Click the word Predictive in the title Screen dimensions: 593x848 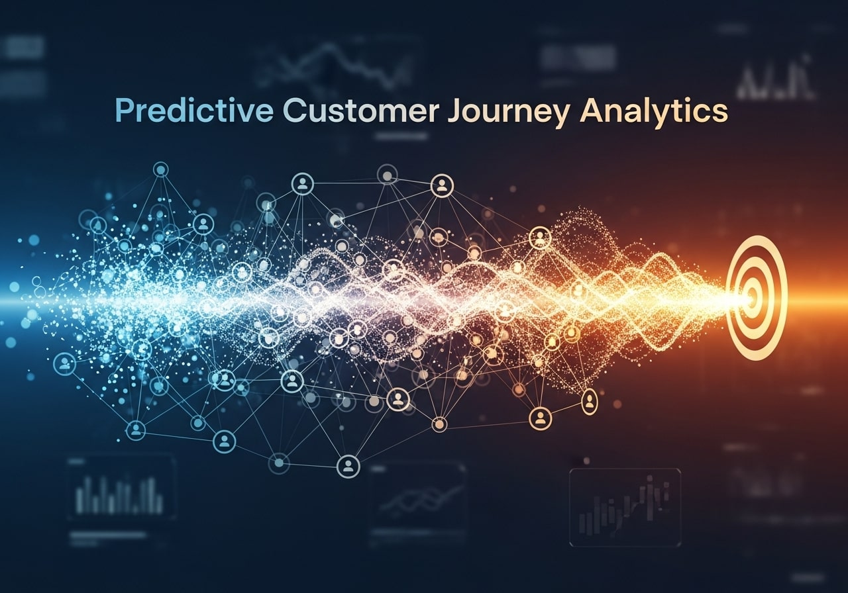coord(194,111)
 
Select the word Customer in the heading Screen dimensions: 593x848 coord(360,111)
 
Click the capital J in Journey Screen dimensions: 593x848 coord(454,111)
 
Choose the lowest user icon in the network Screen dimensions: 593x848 coord(347,466)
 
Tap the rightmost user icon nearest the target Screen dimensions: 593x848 coord(589,400)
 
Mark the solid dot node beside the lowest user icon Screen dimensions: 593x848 coord(279,461)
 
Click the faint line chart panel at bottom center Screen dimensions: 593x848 coord(417,500)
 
